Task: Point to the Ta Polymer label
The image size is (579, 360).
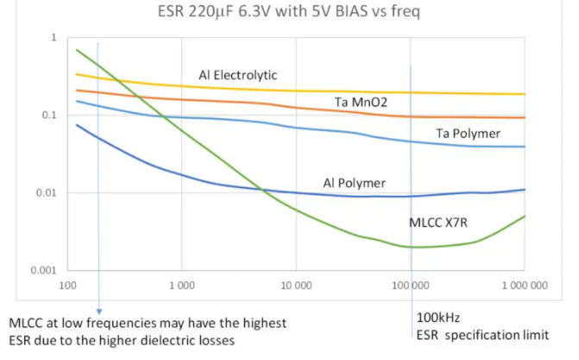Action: [x=468, y=133]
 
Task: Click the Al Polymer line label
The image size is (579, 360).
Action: [x=354, y=183]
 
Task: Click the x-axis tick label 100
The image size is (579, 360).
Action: [x=66, y=283]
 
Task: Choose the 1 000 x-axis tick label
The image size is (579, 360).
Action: [x=181, y=283]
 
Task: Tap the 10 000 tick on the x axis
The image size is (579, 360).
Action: [x=296, y=283]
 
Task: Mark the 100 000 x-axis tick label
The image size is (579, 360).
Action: [x=411, y=283]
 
